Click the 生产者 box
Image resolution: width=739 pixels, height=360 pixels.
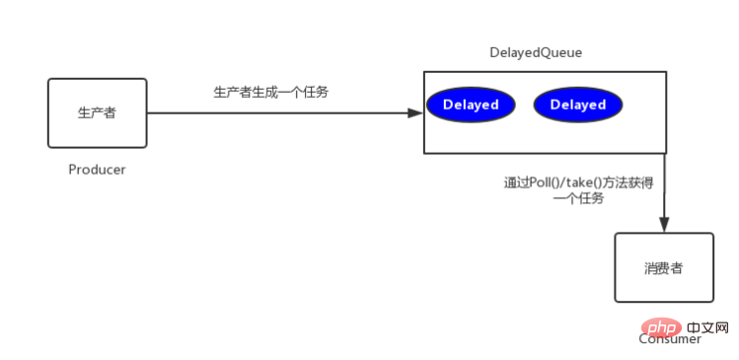(97, 113)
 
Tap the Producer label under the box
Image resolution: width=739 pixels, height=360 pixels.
(97, 170)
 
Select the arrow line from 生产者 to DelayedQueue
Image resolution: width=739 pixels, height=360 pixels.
(276, 113)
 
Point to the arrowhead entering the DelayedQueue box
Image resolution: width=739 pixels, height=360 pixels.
(415, 113)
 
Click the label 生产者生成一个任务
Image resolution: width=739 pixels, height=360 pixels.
(271, 92)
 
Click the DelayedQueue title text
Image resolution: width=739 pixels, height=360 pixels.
(536, 52)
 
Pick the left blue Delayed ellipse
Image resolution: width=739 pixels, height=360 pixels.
(471, 105)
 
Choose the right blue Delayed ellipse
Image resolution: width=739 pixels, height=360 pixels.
(578, 105)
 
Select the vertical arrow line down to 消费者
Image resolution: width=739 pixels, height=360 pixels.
(665, 187)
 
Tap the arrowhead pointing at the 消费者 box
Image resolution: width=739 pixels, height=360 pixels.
(665, 226)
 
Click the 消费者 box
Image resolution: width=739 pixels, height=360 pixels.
(663, 267)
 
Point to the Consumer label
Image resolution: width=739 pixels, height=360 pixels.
(671, 339)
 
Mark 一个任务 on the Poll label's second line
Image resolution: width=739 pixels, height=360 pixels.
(578, 197)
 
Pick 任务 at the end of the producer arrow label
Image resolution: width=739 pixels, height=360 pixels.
(317, 92)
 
